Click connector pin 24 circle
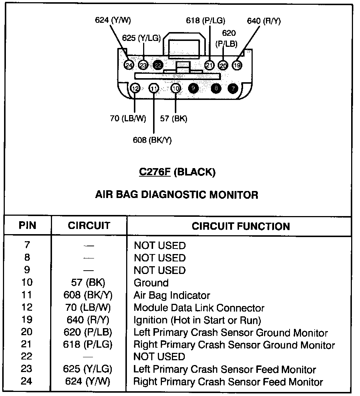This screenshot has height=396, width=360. tap(129, 65)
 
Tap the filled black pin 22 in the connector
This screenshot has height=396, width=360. tap(158, 65)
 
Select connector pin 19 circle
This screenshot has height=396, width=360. tap(237, 65)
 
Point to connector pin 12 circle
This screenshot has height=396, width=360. tap(135, 88)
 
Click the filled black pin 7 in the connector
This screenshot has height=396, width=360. tap(233, 88)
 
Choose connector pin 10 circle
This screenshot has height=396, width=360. tap(176, 88)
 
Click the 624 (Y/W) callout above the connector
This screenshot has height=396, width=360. tap(113, 20)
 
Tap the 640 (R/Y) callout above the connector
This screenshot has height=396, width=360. tap(264, 21)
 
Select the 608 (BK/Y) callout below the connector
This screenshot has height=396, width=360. tap(152, 140)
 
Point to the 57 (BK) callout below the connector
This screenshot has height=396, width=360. tap(173, 119)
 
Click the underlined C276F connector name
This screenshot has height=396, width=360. tap(155, 172)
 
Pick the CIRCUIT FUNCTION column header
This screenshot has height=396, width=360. tap(240, 226)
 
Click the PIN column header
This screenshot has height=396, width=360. tap(28, 226)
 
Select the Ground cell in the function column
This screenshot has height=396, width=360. tap(151, 283)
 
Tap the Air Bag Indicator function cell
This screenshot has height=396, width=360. tap(172, 295)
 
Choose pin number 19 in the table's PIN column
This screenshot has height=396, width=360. tap(27, 320)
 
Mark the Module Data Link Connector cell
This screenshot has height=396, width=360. tap(199, 308)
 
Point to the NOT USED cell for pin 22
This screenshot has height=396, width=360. tap(159, 357)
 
